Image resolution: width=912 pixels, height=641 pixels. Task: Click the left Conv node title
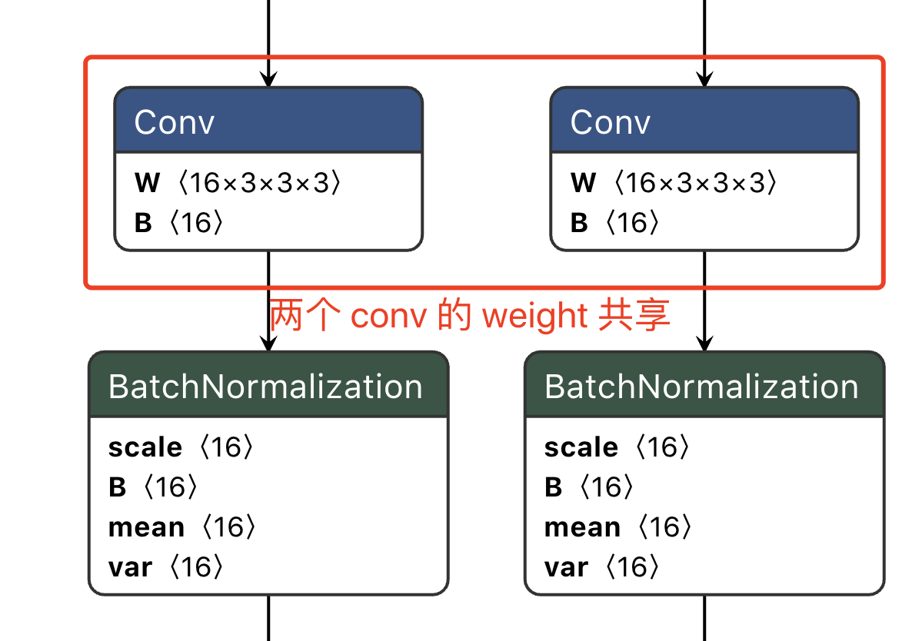[x=175, y=122]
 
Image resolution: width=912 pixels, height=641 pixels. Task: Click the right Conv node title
[x=611, y=122]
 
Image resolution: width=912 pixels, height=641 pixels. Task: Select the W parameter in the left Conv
[x=237, y=183]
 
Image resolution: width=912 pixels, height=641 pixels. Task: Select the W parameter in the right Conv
[x=673, y=183]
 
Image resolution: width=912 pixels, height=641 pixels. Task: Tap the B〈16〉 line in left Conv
[x=180, y=223]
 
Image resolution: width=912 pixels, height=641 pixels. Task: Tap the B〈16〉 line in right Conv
[x=615, y=223]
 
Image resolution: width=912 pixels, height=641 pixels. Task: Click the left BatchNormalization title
[x=266, y=387]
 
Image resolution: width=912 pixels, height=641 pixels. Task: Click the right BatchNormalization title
[x=701, y=387]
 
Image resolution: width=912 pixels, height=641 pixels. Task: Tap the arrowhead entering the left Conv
[x=268, y=79]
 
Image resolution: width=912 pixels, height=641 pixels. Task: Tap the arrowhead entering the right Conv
[x=704, y=79]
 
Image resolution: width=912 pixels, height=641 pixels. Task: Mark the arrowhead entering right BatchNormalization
[x=704, y=344]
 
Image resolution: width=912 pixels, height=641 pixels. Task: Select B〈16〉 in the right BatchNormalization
[x=589, y=487]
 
